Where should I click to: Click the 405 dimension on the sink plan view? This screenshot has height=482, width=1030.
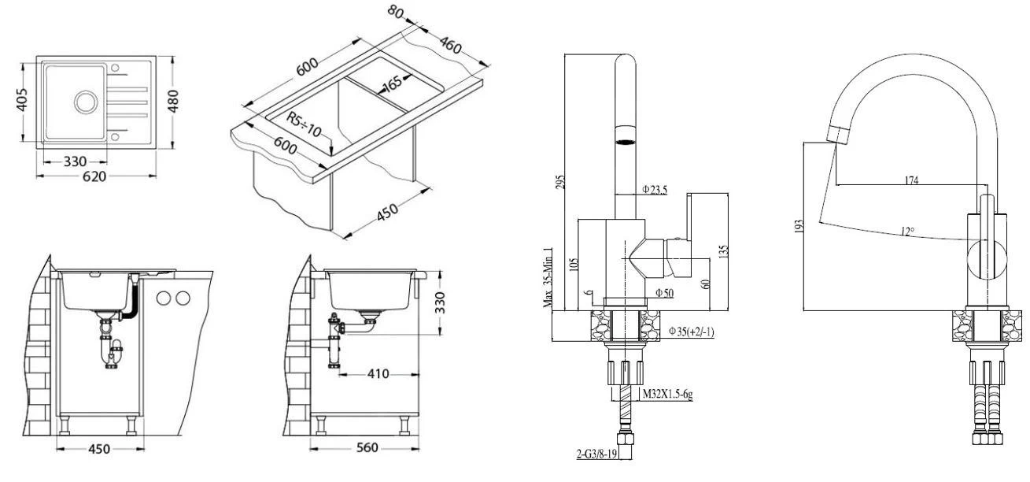[23, 100]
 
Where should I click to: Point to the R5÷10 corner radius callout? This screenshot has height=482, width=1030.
[302, 127]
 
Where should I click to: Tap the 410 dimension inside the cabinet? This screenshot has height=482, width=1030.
[378, 374]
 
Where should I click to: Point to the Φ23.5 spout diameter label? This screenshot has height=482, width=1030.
[655, 189]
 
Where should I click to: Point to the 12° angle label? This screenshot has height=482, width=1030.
[908, 232]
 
